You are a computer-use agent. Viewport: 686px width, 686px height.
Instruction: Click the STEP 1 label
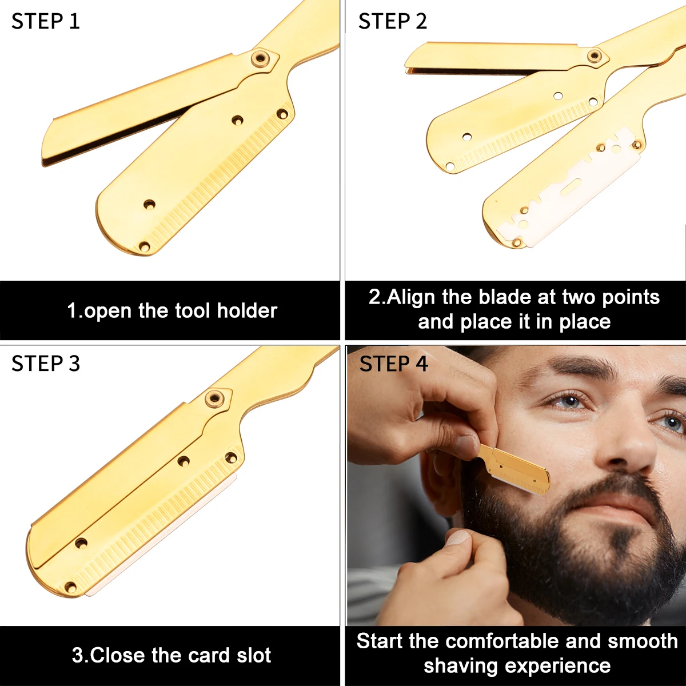[x=45, y=21]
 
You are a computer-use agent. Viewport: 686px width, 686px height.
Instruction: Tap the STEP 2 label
[x=392, y=21]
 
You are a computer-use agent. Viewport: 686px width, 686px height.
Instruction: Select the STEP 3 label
[x=46, y=364]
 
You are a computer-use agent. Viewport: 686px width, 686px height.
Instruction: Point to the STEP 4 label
[x=393, y=364]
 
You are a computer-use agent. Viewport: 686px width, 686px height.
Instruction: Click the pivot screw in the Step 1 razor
[x=261, y=57]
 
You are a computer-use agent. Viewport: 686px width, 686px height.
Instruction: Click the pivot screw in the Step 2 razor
[x=595, y=55]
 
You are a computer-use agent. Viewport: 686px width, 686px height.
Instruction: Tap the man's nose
[x=632, y=452]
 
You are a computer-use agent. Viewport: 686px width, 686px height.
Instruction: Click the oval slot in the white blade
[x=571, y=185]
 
